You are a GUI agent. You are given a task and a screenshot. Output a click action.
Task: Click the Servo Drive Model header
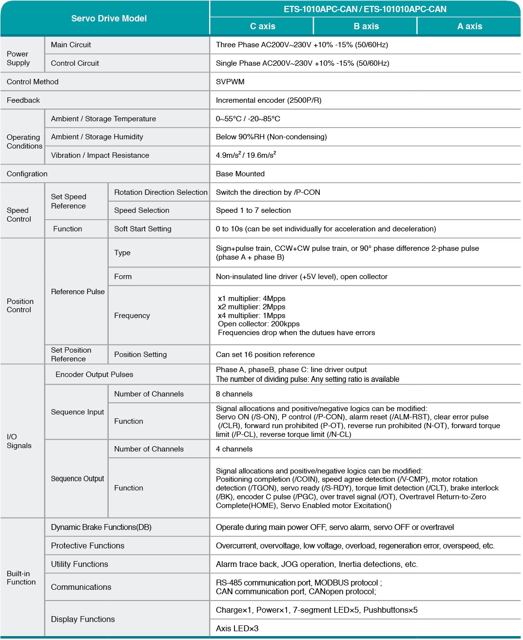point(109,19)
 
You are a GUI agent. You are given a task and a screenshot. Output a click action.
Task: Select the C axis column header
point(262,26)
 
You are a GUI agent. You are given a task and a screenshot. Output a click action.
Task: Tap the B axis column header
point(366,26)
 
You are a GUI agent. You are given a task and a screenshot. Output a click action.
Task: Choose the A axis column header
point(469,26)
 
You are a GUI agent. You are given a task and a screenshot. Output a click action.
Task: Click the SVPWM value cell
point(230,82)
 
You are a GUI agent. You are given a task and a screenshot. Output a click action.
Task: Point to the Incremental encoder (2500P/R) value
point(269,100)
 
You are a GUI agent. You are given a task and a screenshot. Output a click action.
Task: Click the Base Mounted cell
point(240,174)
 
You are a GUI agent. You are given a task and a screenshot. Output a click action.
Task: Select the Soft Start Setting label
point(143,229)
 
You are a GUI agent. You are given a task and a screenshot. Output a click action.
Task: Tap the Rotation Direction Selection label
point(161,192)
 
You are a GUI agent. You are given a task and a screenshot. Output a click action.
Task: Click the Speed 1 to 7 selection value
point(253,210)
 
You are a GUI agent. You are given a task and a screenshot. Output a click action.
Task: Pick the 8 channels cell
point(234,394)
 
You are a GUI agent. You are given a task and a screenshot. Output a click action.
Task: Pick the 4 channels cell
point(234,449)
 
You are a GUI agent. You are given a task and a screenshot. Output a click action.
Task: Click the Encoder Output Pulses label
point(94,375)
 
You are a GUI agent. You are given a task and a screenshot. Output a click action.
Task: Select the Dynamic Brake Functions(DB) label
point(101,527)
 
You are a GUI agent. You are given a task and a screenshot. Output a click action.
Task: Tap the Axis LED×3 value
point(237,629)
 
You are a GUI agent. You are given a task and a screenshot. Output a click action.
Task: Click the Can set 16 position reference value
point(265,355)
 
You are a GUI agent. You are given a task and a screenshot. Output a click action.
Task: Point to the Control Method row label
point(33,82)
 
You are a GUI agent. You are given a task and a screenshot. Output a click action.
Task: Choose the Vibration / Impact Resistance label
point(100,155)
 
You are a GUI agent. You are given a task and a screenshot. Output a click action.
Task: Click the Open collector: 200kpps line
point(259,324)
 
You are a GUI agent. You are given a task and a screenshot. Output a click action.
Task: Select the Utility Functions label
point(79,565)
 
